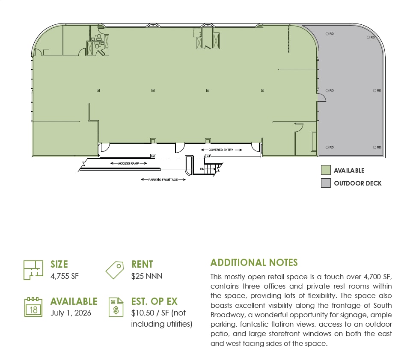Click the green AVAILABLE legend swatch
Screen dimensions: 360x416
click(x=326, y=170)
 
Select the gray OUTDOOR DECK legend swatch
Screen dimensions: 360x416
click(x=326, y=183)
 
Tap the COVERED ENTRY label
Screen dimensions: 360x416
click(x=221, y=150)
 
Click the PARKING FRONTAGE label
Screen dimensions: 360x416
click(x=163, y=180)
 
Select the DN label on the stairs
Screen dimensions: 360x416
click(x=202, y=169)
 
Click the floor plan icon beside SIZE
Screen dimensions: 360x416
click(x=33, y=270)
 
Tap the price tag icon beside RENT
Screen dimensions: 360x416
click(x=115, y=270)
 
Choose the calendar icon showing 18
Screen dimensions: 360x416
click(x=33, y=307)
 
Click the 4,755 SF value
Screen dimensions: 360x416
click(x=64, y=276)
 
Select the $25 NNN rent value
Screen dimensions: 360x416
click(x=147, y=276)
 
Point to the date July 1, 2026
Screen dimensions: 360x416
click(x=71, y=313)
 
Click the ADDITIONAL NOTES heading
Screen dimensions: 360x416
click(x=254, y=263)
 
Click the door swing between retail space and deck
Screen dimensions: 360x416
click(x=322, y=98)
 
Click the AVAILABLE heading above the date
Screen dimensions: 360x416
click(x=74, y=301)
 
